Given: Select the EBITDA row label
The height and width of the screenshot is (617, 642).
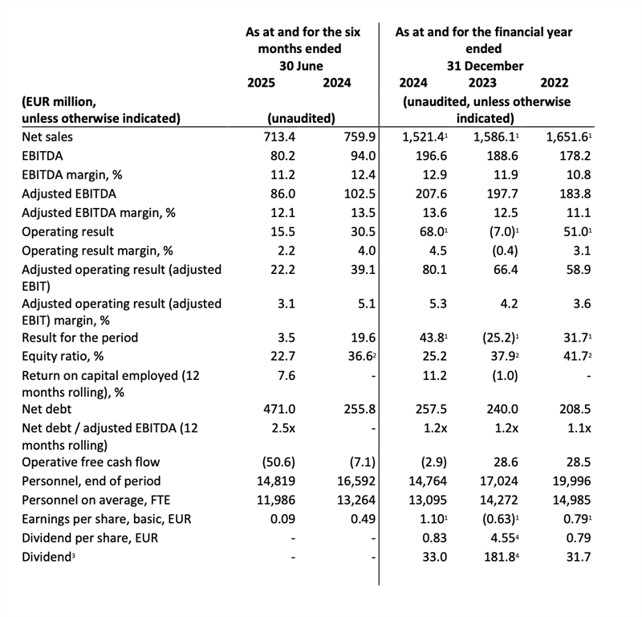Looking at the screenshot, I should pos(46,156).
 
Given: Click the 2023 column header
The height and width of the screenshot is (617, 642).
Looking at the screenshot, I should pos(481,82).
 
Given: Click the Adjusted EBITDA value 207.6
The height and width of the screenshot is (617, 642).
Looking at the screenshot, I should pos(414,193).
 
